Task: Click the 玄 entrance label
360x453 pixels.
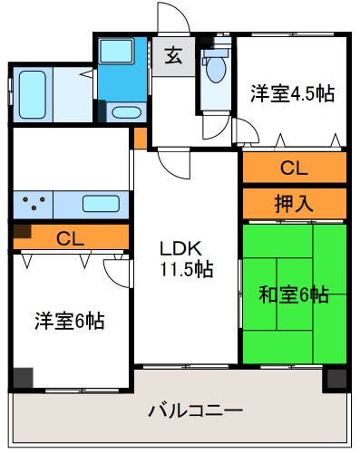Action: pyautogui.click(x=172, y=55)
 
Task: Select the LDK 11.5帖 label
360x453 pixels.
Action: pyautogui.click(x=187, y=258)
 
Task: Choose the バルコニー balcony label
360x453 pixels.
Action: pyautogui.click(x=195, y=411)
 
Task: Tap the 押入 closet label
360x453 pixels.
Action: pyautogui.click(x=293, y=203)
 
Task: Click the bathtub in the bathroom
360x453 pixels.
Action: pyautogui.click(x=38, y=93)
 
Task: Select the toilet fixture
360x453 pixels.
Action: pyautogui.click(x=216, y=70)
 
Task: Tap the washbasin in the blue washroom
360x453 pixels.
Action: pyautogui.click(x=126, y=113)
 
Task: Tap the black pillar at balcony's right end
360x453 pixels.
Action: pyautogui.click(x=336, y=379)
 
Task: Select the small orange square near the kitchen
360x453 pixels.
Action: pyautogui.click(x=139, y=139)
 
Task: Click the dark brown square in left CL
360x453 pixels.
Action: pyautogui.click(x=21, y=231)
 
